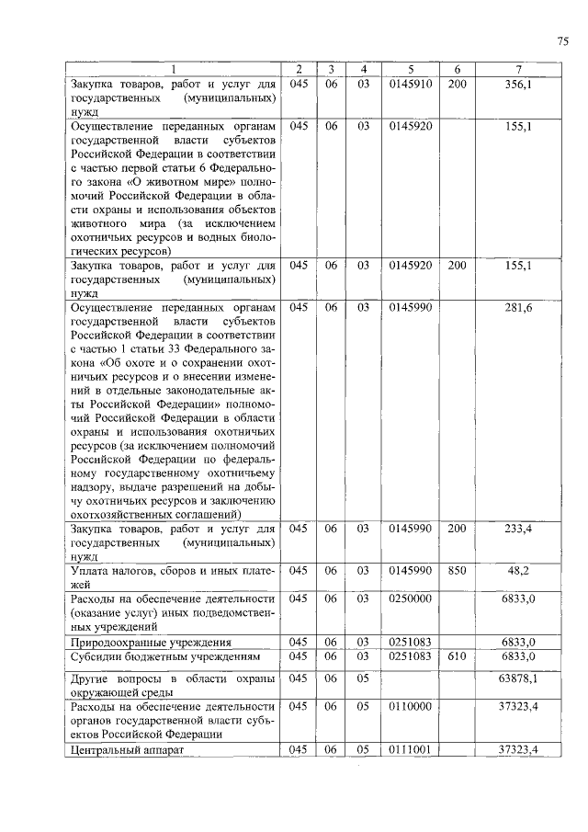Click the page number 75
pyautogui.click(x=562, y=40)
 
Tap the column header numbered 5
pyautogui.click(x=411, y=70)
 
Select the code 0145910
pyautogui.click(x=411, y=84)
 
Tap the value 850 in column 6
pyautogui.click(x=457, y=570)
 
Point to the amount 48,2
pyautogui.click(x=520, y=570)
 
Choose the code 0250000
pyautogui.click(x=411, y=598)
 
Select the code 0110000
pyautogui.click(x=411, y=706)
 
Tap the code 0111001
pyautogui.click(x=411, y=749)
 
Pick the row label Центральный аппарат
pyautogui.click(x=127, y=750)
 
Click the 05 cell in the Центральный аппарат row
pyautogui.click(x=363, y=749)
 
